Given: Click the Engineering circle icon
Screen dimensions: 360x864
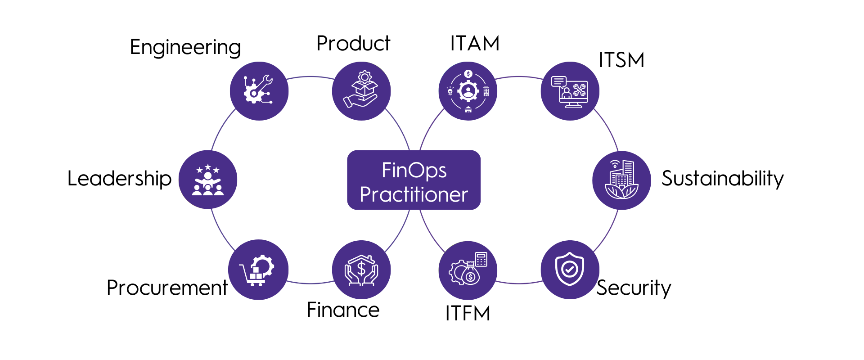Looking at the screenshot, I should tap(259, 91).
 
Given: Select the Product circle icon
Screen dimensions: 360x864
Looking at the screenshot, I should tap(361, 91).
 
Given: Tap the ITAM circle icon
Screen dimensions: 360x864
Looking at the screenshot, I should tap(468, 91).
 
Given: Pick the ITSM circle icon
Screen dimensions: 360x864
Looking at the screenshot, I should tap(570, 91).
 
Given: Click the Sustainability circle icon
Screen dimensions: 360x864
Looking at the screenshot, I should tap(621, 180).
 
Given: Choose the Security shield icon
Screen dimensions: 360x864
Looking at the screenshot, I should tap(570, 270).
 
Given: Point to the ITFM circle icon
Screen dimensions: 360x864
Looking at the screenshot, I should tap(468, 270).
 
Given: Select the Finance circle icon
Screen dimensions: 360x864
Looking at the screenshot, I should tap(361, 270).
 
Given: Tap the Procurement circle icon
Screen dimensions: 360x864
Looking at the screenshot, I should tap(258, 270).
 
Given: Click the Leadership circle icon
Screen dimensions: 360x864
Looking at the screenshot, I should tap(208, 180).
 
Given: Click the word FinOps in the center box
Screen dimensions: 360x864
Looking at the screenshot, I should tap(414, 170).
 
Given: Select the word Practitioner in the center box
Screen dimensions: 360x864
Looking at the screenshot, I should tap(414, 194).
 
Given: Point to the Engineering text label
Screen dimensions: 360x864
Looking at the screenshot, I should tap(185, 47).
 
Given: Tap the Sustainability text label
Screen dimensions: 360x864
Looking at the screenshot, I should tap(723, 179).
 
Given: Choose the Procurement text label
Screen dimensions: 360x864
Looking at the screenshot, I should tap(167, 288).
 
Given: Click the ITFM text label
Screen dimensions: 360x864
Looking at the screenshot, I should tap(468, 313).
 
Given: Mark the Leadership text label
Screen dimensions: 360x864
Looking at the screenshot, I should tap(120, 179).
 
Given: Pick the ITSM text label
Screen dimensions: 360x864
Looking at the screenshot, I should tap(621, 60).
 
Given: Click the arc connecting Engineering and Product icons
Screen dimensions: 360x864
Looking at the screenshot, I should tap(310, 77).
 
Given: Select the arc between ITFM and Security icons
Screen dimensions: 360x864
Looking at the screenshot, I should tap(519, 283).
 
